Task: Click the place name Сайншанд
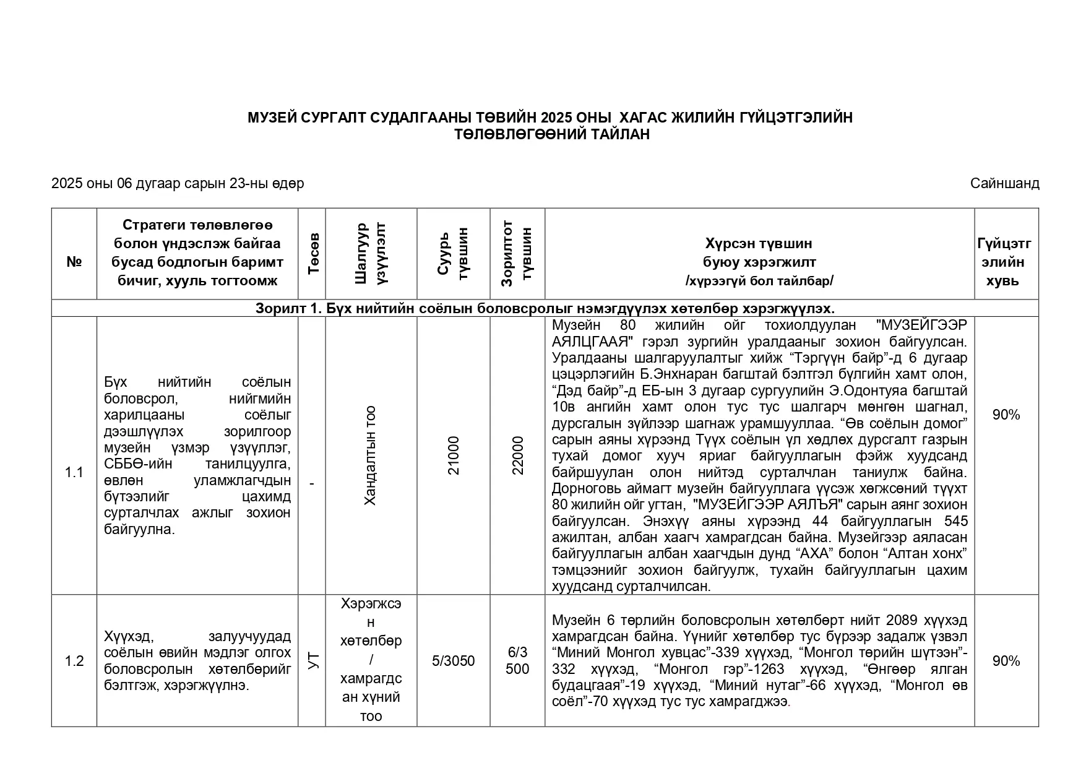click(1004, 183)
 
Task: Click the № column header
click(74, 262)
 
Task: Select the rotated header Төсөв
click(312, 254)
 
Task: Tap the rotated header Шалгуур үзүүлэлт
click(371, 254)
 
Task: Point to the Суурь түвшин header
click(454, 254)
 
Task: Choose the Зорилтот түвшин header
click(517, 254)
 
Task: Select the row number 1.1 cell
click(74, 473)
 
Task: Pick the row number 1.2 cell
click(74, 661)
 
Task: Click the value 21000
click(454, 456)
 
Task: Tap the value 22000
click(517, 456)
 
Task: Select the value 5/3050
click(454, 661)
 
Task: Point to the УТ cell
click(312, 661)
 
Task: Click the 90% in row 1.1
click(1006, 415)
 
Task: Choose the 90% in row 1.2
click(1006, 661)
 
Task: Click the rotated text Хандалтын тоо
click(371, 456)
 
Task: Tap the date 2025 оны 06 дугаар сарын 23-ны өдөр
click(178, 183)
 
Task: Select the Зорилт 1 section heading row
click(545, 308)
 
